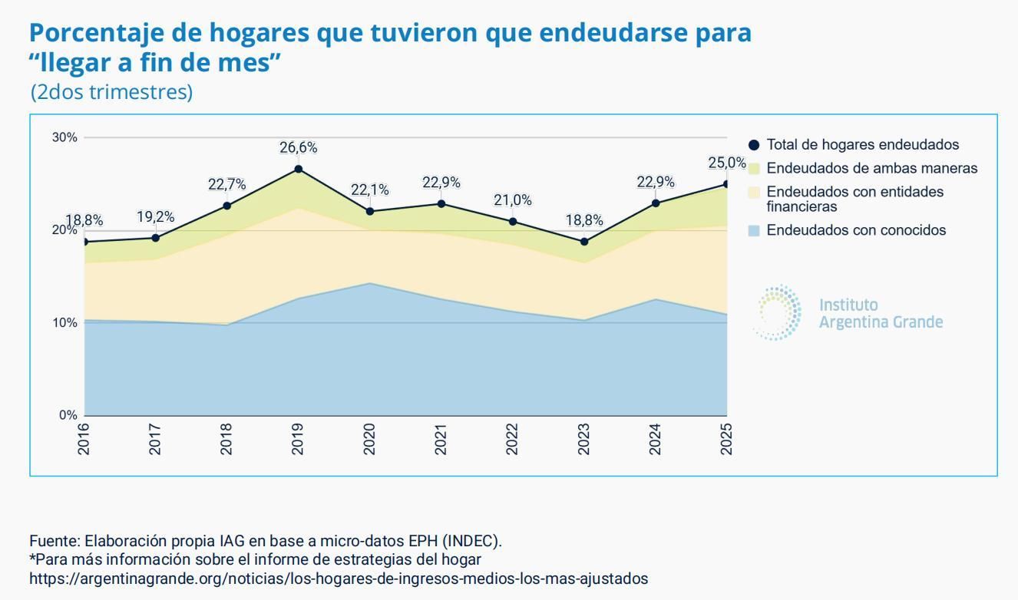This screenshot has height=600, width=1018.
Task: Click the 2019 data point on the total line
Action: [299, 169]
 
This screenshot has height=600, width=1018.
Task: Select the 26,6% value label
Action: [299, 147]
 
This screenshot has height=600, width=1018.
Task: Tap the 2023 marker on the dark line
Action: [584, 242]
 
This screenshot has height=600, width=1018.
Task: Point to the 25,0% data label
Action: [726, 163]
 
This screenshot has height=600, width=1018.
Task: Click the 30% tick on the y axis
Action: [64, 137]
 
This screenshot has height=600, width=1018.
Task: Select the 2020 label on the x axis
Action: [369, 439]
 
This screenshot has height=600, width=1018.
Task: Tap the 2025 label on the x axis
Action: [726, 439]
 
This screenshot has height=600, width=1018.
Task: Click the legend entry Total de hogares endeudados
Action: [862, 144]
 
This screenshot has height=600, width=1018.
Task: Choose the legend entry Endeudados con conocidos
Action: [856, 230]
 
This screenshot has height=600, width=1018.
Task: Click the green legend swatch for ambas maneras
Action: [754, 169]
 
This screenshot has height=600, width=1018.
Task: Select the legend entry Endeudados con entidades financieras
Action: [854, 199]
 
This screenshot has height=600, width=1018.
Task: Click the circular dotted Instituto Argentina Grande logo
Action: [778, 313]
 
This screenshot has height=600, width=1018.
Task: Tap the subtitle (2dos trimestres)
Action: [111, 92]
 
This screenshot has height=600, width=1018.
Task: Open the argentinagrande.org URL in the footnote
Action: [338, 579]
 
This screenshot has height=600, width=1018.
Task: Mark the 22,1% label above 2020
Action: [370, 190]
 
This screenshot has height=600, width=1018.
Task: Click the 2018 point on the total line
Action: [226, 206]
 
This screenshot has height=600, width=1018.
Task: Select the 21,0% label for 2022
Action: [513, 200]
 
